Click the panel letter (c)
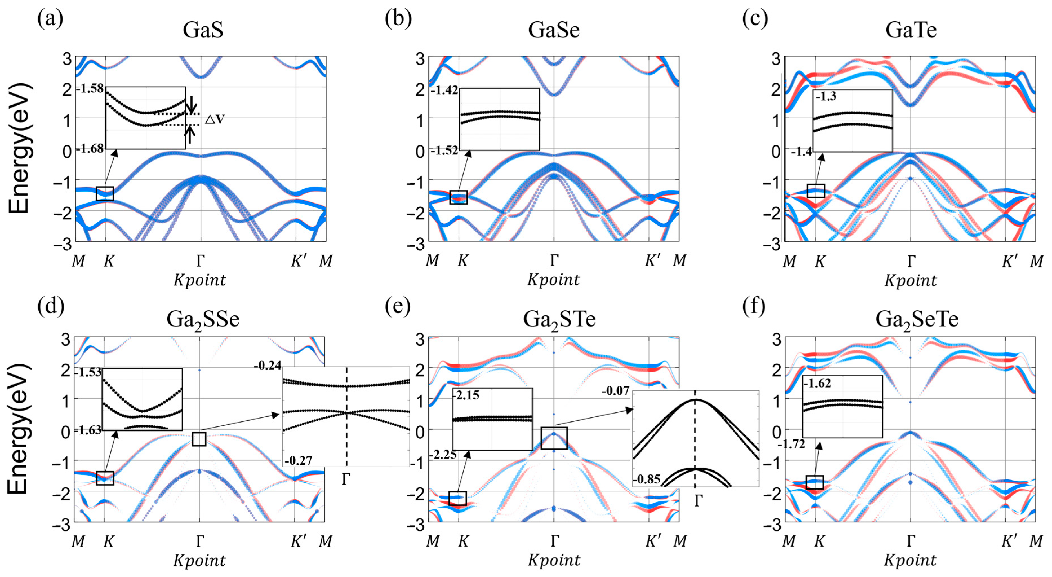click(x=755, y=19)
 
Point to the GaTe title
click(x=911, y=30)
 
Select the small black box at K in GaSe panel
click(x=458, y=197)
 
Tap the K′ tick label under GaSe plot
click(x=652, y=260)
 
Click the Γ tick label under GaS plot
click(x=200, y=260)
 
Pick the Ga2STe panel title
click(x=559, y=320)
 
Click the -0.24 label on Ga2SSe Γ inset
click(x=268, y=365)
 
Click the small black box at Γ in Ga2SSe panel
click(x=199, y=439)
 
